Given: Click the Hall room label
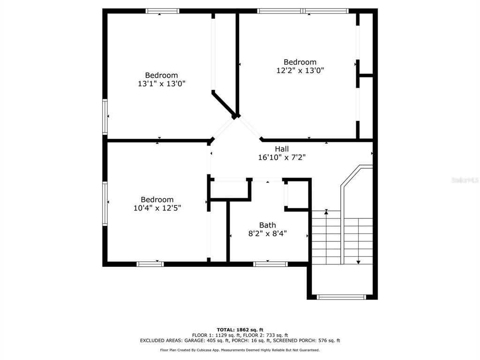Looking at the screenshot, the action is (282, 149).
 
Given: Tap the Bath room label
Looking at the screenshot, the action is (268, 225).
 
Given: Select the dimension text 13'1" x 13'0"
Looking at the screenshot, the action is (162, 83).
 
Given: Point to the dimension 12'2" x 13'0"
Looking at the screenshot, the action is (300, 70).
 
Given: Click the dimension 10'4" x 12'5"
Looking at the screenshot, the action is (157, 208).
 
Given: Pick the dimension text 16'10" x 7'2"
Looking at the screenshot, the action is (282, 157).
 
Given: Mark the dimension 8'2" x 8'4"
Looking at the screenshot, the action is (268, 233).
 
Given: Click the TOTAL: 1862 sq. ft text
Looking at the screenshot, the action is (240, 330).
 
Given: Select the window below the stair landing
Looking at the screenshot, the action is (341, 297).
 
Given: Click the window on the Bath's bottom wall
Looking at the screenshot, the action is (271, 264).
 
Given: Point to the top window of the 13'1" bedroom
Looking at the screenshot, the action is (163, 11).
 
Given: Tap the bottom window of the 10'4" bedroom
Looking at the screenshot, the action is (150, 264).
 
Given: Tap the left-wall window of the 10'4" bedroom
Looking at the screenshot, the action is (105, 203).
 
